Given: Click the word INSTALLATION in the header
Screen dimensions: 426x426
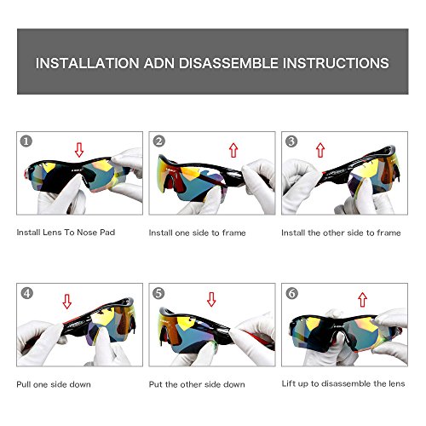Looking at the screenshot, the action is tap(88, 63).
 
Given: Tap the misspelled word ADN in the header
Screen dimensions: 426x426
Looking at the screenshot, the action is tap(159, 63).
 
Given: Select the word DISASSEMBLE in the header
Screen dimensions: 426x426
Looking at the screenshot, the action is tap(228, 63).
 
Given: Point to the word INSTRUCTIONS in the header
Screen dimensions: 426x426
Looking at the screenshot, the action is tap(336, 63).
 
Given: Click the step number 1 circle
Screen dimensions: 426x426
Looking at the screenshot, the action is tap(26, 141).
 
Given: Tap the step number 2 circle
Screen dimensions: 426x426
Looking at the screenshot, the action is tap(158, 141).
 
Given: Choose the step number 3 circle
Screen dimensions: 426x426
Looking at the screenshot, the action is tap(291, 141).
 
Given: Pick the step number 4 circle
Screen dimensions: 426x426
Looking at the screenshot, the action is tap(27, 293).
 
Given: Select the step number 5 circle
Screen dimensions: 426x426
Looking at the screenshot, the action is tap(158, 293).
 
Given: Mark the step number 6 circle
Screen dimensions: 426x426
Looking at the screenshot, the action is tap(292, 293).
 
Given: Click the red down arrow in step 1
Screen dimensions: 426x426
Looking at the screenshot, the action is tap(79, 150).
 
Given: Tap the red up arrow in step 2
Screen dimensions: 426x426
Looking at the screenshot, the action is tap(233, 150).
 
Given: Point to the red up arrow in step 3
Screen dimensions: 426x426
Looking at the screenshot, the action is tap(320, 150).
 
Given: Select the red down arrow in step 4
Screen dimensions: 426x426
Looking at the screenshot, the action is tap(67, 302).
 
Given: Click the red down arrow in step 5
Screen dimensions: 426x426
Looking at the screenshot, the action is tap(211, 299).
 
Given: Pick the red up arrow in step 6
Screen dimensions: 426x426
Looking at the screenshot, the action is tap(362, 300).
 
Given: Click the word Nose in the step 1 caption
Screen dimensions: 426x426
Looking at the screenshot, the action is tap(87, 233).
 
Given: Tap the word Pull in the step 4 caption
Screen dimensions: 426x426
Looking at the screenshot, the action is tap(23, 384).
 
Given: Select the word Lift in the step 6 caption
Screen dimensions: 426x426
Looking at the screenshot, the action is tap(288, 383).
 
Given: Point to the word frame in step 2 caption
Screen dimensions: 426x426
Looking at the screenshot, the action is tap(234, 233).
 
